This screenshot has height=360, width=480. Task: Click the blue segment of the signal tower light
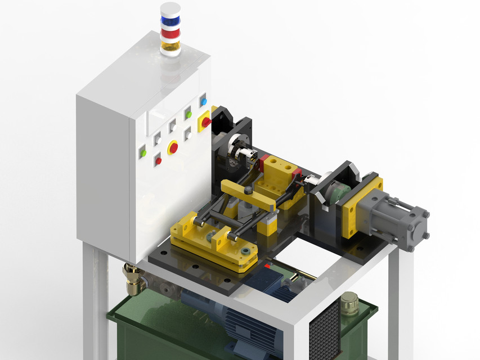pyautogui.click(x=170, y=20)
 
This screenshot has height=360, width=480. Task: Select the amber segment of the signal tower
pyautogui.click(x=170, y=43)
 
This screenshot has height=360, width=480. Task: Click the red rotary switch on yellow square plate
pyautogui.click(x=206, y=121)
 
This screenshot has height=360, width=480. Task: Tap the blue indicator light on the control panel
pyautogui.click(x=203, y=102)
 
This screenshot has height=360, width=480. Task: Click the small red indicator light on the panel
pyautogui.click(x=158, y=161)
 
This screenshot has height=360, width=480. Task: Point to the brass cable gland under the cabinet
pyautogui.click(x=133, y=280)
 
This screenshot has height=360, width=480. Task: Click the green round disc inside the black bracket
pyautogui.click(x=338, y=194)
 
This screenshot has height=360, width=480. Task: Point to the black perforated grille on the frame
pyautogui.click(x=325, y=328)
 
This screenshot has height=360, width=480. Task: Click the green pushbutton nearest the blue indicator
pyautogui.click(x=189, y=114)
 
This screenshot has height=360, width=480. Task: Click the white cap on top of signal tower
pyautogui.click(x=170, y=8)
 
